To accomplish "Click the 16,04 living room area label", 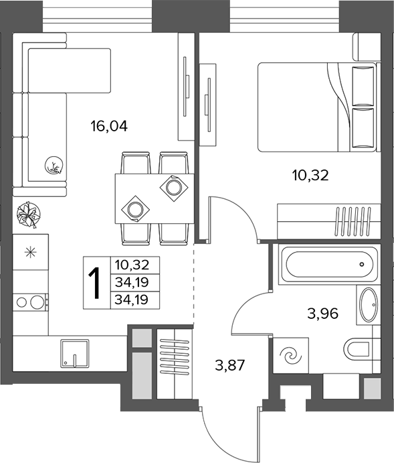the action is tap(109, 126).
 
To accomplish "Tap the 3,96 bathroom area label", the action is tap(322, 314).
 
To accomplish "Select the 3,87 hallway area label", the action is tap(230, 366).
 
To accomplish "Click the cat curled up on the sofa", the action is tap(54, 165).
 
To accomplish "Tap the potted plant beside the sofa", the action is tap(29, 214).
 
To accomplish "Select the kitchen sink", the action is tap(75, 354).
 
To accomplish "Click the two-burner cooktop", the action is tap(30, 302).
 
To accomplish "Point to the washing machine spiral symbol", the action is tap(291, 355).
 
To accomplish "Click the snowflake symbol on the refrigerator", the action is tap(31, 252).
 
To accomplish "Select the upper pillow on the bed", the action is tap(363, 86).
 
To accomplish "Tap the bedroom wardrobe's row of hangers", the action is tap(353, 221).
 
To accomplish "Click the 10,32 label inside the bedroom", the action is tap(310, 176).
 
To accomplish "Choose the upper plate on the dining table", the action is tap(174, 187).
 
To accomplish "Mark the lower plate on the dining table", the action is tap(135, 209).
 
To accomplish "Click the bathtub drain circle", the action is tap(362, 264).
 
